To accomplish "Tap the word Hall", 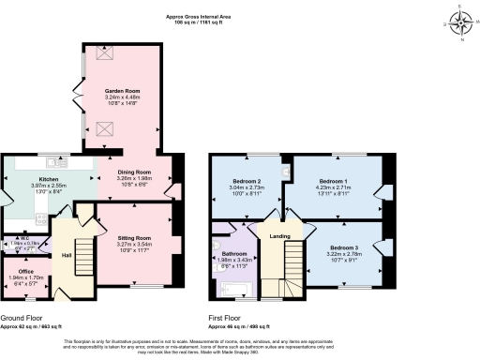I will [67, 255].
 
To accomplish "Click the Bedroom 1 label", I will [333, 180].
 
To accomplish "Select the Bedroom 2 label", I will [246, 180].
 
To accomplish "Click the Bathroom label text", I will [234, 253].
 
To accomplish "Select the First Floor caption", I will [228, 316].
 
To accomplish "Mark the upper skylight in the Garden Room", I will [102, 53].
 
